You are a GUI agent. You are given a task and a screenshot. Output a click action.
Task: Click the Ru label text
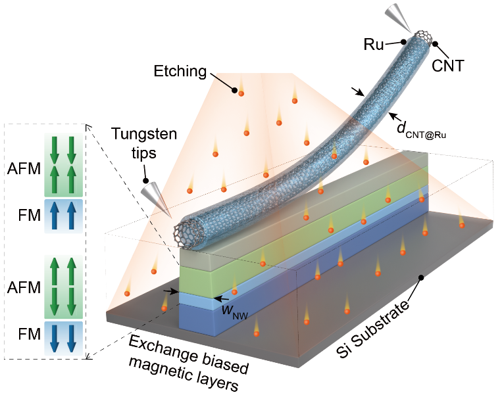click(374, 45)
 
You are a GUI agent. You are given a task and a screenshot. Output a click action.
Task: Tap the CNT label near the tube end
click(448, 66)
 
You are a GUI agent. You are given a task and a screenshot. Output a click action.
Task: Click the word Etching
click(180, 71)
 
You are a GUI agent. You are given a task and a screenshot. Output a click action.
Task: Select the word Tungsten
click(144, 133)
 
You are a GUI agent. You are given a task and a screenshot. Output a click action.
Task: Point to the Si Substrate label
click(373, 328)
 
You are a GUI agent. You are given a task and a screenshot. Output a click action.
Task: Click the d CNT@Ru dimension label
click(421, 130)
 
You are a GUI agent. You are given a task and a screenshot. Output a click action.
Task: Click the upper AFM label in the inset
click(24, 169)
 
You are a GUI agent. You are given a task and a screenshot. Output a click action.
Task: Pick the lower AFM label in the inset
click(24, 287)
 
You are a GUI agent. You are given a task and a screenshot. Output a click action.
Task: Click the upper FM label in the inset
click(30, 216)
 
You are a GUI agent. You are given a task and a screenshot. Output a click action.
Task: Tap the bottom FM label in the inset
click(30, 334)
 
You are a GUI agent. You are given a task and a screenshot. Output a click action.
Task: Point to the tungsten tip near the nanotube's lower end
click(156, 199)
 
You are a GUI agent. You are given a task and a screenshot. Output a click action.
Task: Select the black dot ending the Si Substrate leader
click(421, 278)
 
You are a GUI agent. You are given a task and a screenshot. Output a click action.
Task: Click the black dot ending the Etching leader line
click(235, 91)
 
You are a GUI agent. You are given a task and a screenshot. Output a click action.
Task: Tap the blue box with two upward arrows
click(63, 216)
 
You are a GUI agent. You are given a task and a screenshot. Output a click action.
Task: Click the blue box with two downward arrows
click(63, 338)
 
